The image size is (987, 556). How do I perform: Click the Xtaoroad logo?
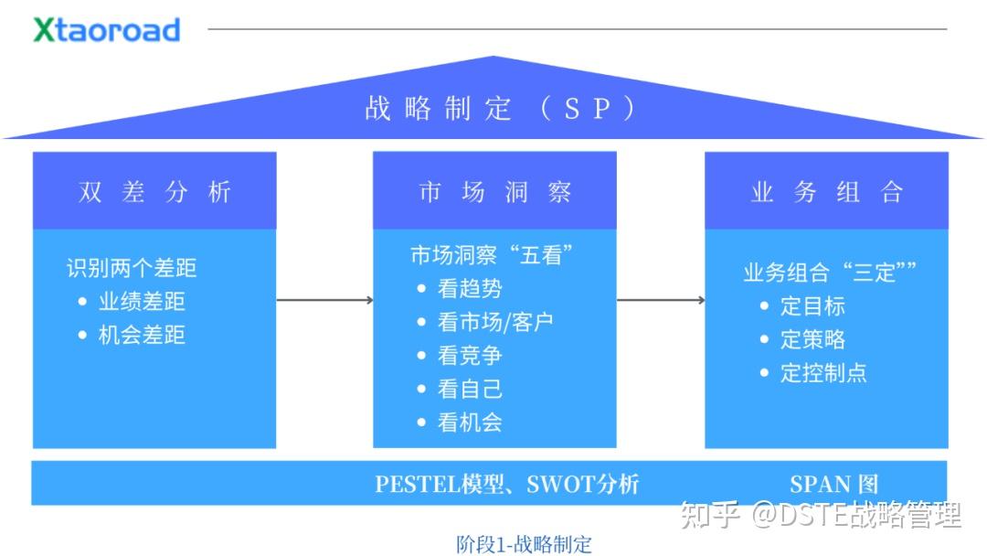click(x=107, y=29)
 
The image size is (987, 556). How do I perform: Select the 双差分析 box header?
click(x=154, y=191)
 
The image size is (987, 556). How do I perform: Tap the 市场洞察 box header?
click(x=494, y=191)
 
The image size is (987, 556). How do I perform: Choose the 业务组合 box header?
click(x=826, y=191)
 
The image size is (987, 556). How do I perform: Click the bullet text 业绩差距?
click(x=142, y=302)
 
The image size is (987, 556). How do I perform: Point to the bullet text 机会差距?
click(x=142, y=336)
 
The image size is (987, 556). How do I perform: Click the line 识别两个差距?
click(x=131, y=268)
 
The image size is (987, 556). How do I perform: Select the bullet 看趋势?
click(x=470, y=289)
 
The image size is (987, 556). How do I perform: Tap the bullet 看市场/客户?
click(x=494, y=323)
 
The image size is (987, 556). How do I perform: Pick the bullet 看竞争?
click(x=470, y=356)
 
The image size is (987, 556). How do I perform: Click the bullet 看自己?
click(x=470, y=390)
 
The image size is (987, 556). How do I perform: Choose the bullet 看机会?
click(x=470, y=422)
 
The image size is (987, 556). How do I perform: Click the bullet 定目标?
click(x=812, y=306)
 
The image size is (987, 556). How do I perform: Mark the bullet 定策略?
click(x=812, y=340)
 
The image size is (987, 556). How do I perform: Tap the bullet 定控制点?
click(x=822, y=373)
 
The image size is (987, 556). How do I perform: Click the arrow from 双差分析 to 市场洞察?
click(x=324, y=300)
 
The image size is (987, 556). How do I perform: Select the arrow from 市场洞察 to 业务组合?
click(x=660, y=300)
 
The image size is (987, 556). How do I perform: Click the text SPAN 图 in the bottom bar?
click(x=833, y=484)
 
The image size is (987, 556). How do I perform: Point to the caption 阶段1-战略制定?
click(x=524, y=544)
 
